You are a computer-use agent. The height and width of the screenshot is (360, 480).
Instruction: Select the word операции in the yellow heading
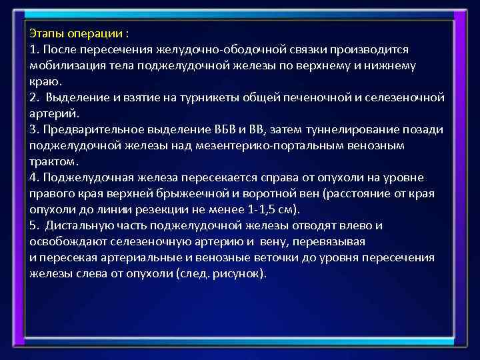point(95,33)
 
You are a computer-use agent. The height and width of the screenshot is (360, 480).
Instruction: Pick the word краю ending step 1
point(45,81)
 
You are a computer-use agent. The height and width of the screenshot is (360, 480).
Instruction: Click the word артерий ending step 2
point(53,113)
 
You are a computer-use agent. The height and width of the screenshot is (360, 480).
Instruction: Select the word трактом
point(53,161)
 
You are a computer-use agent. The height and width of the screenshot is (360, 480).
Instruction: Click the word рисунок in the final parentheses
point(240,273)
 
